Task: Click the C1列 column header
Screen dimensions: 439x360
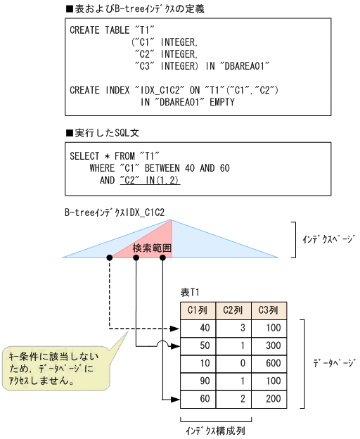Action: click(x=198, y=310)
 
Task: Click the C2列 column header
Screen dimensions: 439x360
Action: click(x=233, y=310)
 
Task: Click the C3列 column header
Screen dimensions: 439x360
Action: click(x=269, y=310)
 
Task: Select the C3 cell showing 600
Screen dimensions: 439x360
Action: click(x=269, y=363)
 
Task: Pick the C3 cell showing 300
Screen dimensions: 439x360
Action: click(x=269, y=345)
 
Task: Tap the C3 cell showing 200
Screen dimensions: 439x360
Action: click(x=269, y=399)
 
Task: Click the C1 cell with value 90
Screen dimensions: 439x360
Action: click(x=198, y=381)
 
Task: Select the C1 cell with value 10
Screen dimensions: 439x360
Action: click(x=198, y=363)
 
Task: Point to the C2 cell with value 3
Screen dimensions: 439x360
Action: click(x=233, y=328)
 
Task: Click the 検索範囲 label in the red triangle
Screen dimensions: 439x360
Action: click(x=153, y=248)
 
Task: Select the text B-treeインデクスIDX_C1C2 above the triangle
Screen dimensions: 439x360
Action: click(x=114, y=211)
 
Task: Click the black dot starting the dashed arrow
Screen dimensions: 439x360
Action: click(x=109, y=258)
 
